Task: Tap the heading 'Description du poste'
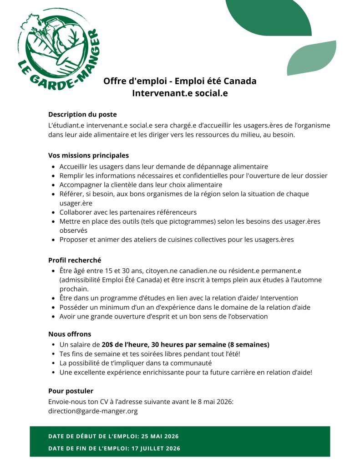click(x=82, y=114)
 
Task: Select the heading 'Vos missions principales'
click(x=88, y=155)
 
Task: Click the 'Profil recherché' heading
click(x=75, y=260)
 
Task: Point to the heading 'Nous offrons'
click(x=70, y=334)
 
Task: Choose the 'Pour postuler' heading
click(x=71, y=391)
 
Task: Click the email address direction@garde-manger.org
click(x=93, y=411)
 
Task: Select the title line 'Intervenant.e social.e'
click(x=180, y=93)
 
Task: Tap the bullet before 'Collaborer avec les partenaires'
click(x=54, y=212)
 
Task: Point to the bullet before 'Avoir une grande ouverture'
click(x=54, y=317)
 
